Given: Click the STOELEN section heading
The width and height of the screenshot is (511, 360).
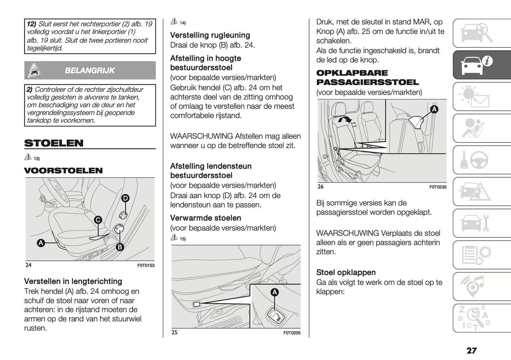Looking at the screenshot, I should click(54, 143).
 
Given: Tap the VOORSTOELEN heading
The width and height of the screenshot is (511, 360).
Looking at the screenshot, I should click(63, 170).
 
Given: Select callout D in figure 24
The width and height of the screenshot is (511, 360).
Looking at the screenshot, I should click(125, 198).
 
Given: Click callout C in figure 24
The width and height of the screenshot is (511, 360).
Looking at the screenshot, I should click(98, 220).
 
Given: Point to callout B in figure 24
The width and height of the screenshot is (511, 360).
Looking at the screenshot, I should click(120, 247).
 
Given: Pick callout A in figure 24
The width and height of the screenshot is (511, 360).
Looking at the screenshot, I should click(41, 243).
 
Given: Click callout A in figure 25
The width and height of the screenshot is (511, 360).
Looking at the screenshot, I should click(274, 292).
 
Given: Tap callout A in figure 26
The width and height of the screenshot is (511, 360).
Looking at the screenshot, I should click(434, 109).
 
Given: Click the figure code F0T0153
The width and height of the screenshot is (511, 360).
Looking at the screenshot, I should click(146, 266).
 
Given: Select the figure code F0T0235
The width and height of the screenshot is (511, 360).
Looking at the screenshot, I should click(438, 187).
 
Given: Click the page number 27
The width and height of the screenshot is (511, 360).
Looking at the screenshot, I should click(471, 350).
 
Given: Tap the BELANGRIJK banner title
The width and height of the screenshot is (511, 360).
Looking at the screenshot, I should click(90, 70).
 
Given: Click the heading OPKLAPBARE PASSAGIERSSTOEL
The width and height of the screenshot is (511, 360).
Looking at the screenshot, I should click(367, 78).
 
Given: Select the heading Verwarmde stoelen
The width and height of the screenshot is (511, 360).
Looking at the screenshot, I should click(205, 218).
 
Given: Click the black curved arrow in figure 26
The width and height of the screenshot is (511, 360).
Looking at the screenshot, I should click(345, 120).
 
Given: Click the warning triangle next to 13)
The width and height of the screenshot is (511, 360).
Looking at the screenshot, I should click(28, 157).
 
